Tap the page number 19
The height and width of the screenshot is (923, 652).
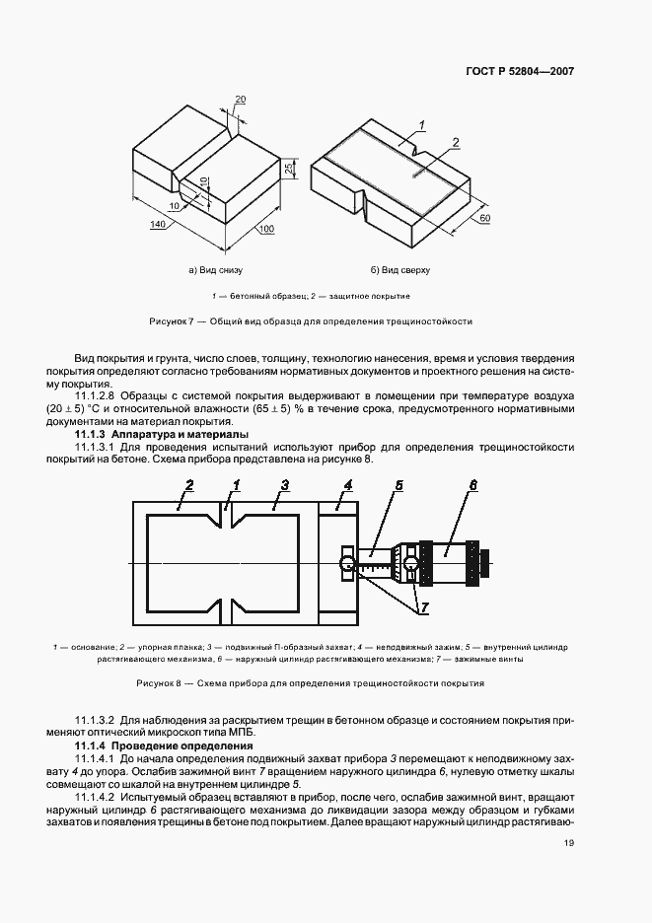tap(569, 842)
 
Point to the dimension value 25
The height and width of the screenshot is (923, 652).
tap(288, 171)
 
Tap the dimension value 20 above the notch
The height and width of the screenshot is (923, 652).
tap(240, 100)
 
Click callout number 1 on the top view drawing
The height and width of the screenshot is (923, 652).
tap(420, 124)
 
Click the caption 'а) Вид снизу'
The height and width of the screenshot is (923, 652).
tap(215, 269)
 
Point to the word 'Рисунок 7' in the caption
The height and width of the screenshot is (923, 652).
tap(171, 321)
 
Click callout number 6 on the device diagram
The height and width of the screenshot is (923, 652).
tap(472, 485)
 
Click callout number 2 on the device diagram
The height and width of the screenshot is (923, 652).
tap(188, 485)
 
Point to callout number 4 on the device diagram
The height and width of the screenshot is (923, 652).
tap(348, 485)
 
